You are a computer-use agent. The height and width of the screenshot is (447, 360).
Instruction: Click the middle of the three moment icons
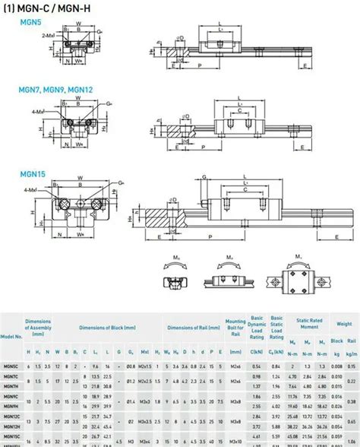(x=229, y=272)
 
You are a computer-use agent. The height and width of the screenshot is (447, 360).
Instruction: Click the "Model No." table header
(x=11, y=335)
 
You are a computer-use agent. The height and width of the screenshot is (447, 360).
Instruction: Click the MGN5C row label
(x=11, y=366)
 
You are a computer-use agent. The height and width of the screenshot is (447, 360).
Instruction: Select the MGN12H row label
(x=11, y=426)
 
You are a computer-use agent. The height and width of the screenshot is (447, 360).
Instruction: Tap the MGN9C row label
(x=11, y=396)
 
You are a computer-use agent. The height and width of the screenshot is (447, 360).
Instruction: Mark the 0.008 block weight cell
(x=336, y=366)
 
